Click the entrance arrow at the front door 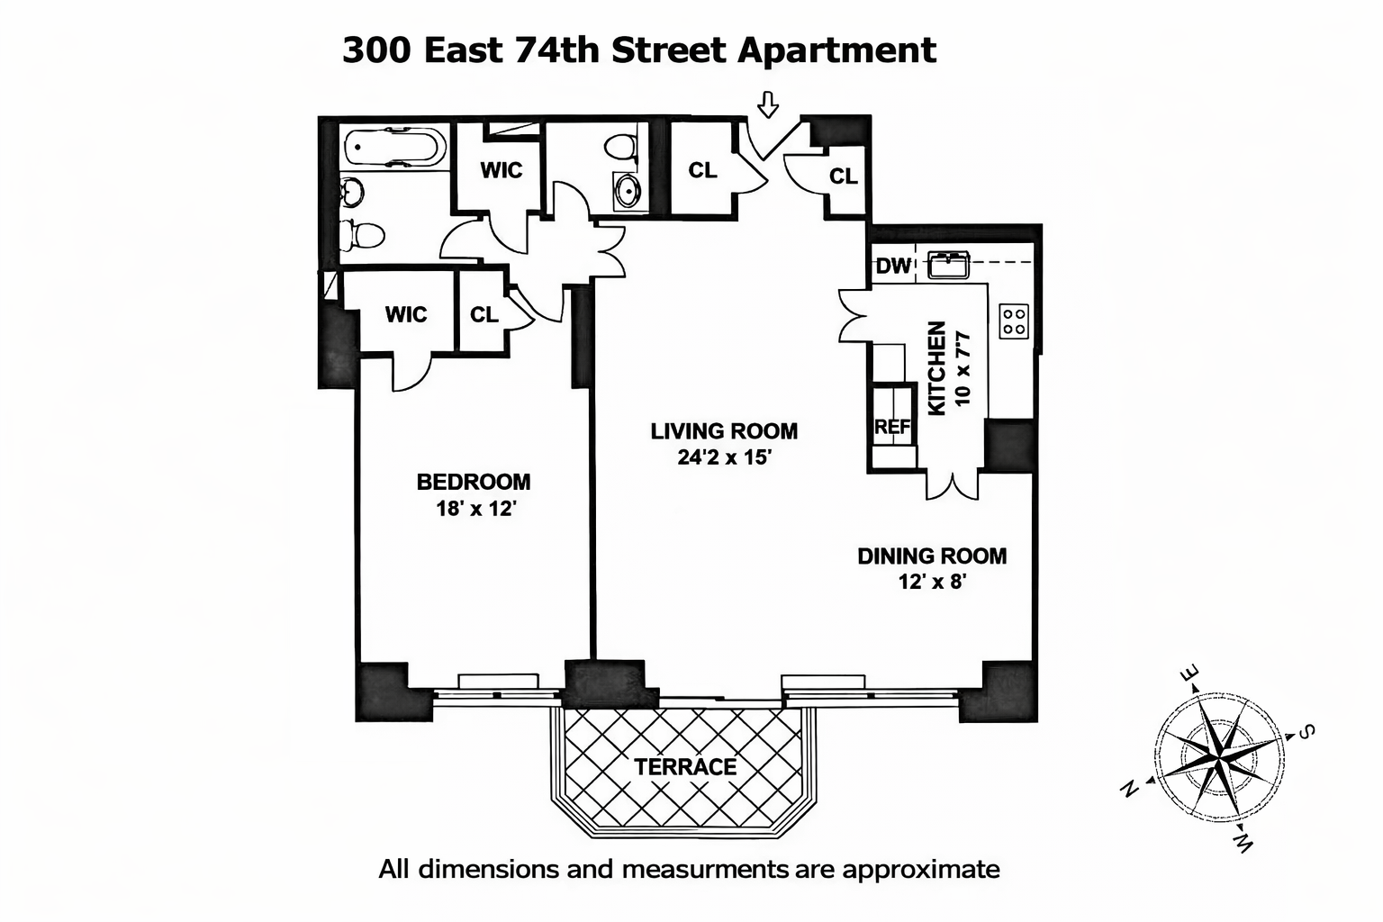(767, 104)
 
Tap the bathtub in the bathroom (394, 148)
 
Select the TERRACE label (685, 767)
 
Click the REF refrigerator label (892, 428)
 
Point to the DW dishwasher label (893, 267)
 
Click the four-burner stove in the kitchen (1014, 321)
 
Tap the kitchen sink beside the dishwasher (947, 266)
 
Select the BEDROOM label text (474, 482)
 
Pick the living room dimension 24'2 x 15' (725, 457)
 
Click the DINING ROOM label (932, 556)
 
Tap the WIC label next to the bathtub (501, 170)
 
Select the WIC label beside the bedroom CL (405, 314)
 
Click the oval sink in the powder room (628, 190)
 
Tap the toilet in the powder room (619, 145)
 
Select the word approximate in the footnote (920, 870)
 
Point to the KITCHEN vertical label (936, 369)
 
